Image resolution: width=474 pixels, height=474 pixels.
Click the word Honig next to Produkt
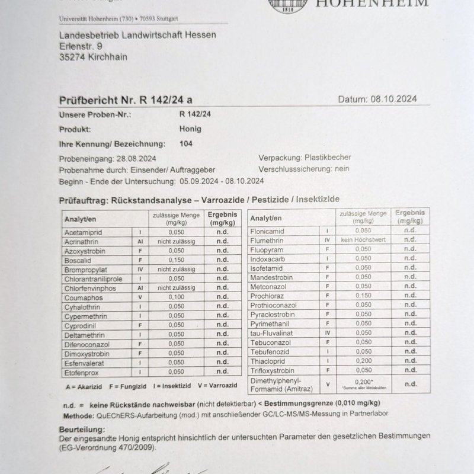pyautogui.click(x=190, y=129)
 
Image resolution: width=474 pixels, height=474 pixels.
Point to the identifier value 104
pyautogui.click(x=185, y=143)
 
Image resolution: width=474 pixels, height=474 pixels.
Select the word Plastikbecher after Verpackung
pyautogui.click(x=328, y=158)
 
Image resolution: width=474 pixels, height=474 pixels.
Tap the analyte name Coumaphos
pyautogui.click(x=84, y=297)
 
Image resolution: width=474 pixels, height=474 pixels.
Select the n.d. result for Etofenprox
pyautogui.click(x=222, y=372)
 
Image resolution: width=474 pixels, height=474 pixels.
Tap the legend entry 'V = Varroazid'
pyautogui.click(x=218, y=386)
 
